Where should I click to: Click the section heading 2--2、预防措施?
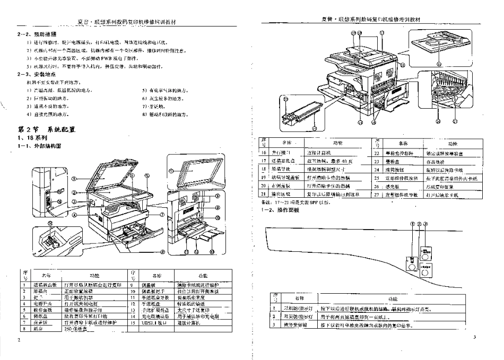pyautogui.click(x=35, y=33)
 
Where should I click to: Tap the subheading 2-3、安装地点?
pyautogui.click(x=34, y=75)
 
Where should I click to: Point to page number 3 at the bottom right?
pyautogui.click(x=475, y=337)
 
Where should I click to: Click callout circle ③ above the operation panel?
pyautogui.click(x=425, y=224)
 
